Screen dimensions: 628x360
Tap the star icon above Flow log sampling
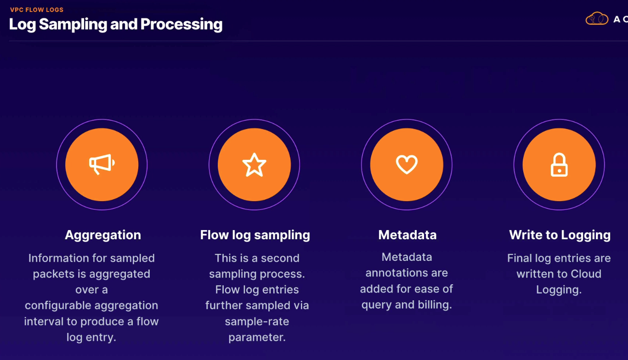click(x=254, y=165)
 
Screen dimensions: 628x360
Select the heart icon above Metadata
click(x=407, y=164)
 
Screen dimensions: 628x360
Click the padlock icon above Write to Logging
click(x=559, y=165)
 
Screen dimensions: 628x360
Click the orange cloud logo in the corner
click(x=597, y=18)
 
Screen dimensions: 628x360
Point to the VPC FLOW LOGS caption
click(x=37, y=10)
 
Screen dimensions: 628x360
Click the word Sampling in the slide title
click(x=73, y=25)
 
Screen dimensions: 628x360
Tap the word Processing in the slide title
click(x=181, y=25)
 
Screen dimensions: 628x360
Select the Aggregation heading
click(x=103, y=235)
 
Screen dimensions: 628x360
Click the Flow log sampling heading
click(x=255, y=235)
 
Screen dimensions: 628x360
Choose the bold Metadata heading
click(x=407, y=235)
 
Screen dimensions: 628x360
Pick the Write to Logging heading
click(x=560, y=235)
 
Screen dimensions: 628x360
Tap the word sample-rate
click(x=257, y=321)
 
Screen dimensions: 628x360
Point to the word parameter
click(x=257, y=337)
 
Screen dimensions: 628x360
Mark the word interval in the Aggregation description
click(x=44, y=321)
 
